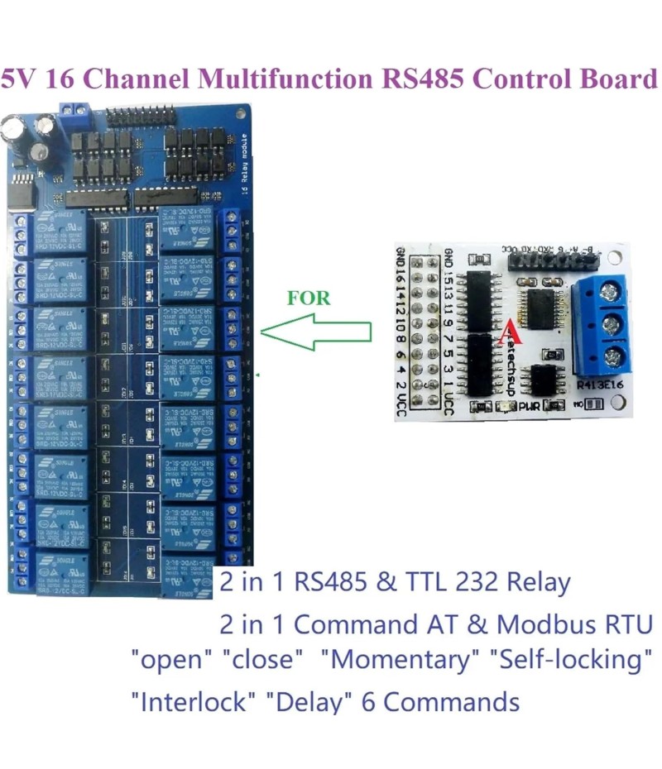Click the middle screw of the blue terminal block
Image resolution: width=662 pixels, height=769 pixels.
click(614, 323)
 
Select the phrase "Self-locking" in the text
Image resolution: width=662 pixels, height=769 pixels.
click(567, 661)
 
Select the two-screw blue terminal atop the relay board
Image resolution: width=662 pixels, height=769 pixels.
click(74, 110)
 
